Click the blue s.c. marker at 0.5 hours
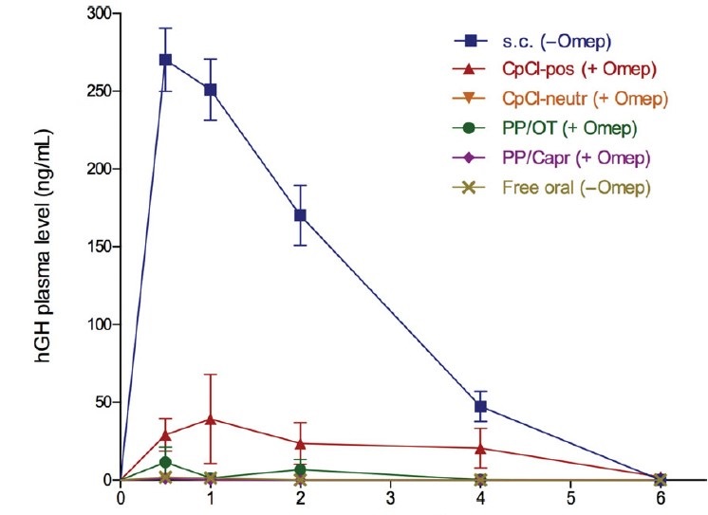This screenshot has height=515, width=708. click(x=165, y=60)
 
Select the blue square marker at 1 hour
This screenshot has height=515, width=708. click(x=211, y=90)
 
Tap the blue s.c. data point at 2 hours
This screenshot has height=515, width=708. click(x=300, y=215)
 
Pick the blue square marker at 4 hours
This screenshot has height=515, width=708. click(x=480, y=406)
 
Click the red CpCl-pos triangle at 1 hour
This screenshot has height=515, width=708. click(x=211, y=418)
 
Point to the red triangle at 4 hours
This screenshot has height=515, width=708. click(x=480, y=448)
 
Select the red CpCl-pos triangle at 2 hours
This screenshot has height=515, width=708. click(x=300, y=443)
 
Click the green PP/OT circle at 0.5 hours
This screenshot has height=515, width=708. click(x=165, y=462)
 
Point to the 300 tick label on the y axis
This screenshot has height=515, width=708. click(x=95, y=14)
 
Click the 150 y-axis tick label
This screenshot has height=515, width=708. click(x=95, y=247)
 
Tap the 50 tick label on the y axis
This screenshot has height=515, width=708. click(x=99, y=401)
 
